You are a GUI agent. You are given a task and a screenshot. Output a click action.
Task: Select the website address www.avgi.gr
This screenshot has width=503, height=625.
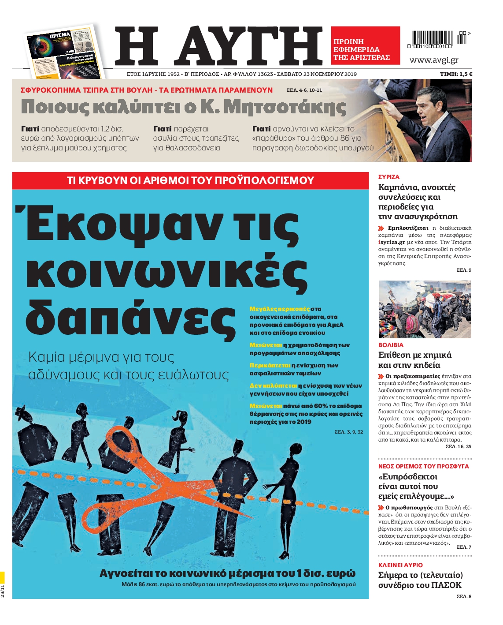[434, 60]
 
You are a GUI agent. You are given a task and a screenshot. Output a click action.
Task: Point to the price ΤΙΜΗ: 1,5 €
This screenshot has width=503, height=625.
[456, 74]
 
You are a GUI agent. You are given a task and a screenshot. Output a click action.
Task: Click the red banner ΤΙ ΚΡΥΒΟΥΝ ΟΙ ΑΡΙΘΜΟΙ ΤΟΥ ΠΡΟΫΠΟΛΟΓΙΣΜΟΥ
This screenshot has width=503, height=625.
[190, 180]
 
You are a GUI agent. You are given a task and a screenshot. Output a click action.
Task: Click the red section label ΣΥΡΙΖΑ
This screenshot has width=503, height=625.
[389, 177]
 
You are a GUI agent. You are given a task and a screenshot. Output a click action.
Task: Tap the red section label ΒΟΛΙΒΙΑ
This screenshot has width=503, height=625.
[391, 345]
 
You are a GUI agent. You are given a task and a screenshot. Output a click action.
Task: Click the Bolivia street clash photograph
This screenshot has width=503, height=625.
[425, 309]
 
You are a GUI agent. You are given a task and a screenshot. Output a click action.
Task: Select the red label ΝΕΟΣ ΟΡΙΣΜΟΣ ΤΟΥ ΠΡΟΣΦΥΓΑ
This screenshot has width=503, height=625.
[423, 466]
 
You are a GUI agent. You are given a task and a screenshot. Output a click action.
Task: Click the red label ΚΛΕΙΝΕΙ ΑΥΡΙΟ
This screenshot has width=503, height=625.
[400, 565]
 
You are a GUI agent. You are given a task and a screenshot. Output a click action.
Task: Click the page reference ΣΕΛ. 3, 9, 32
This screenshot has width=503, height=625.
[348, 432]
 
